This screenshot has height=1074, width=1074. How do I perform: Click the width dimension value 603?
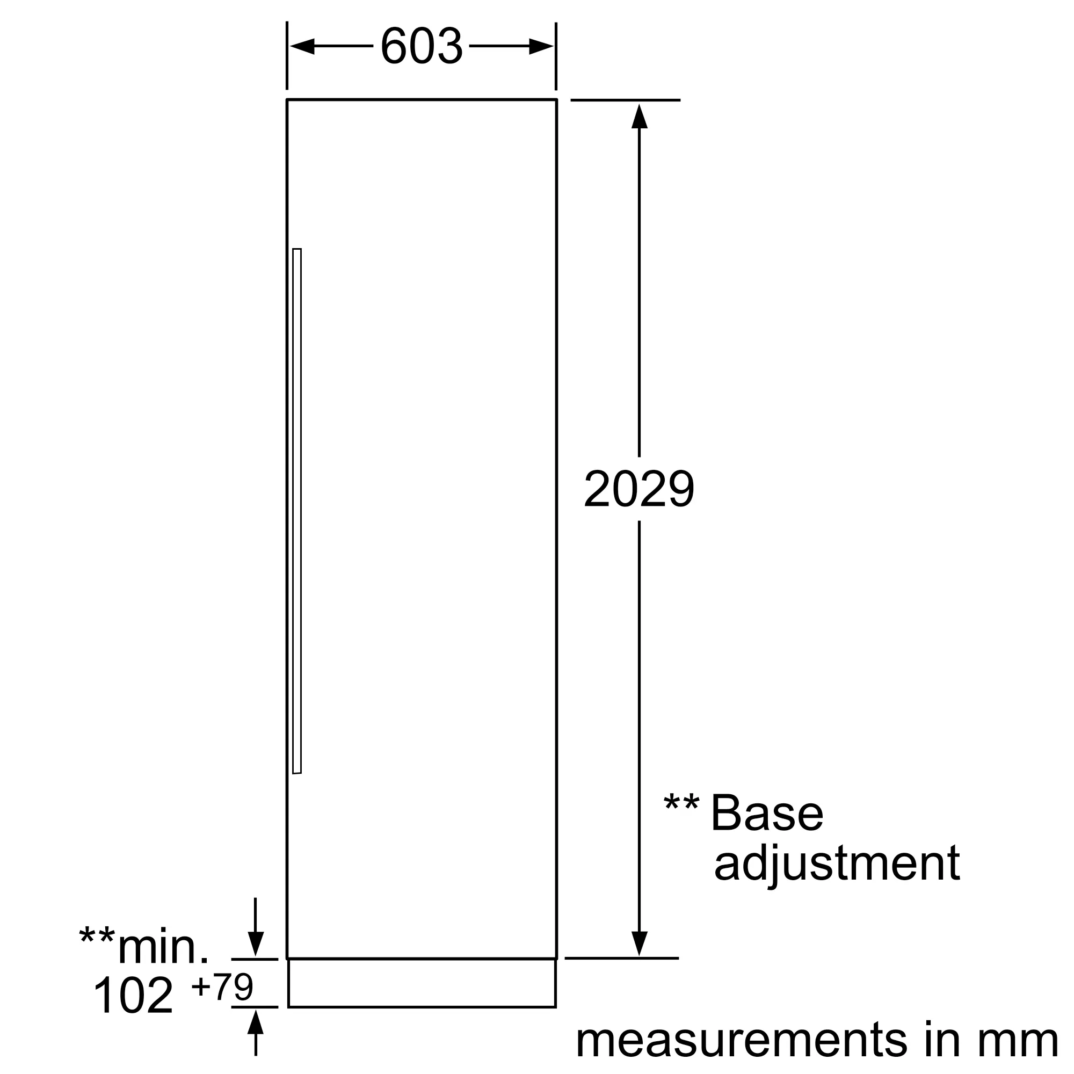[x=422, y=46]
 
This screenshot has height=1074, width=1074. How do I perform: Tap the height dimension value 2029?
[x=638, y=489]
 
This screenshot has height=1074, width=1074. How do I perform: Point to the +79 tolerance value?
[x=222, y=986]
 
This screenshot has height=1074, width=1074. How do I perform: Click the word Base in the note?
[x=767, y=813]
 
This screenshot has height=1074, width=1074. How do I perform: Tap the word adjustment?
[x=837, y=865]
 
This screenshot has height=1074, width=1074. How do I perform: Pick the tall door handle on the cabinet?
[x=297, y=511]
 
